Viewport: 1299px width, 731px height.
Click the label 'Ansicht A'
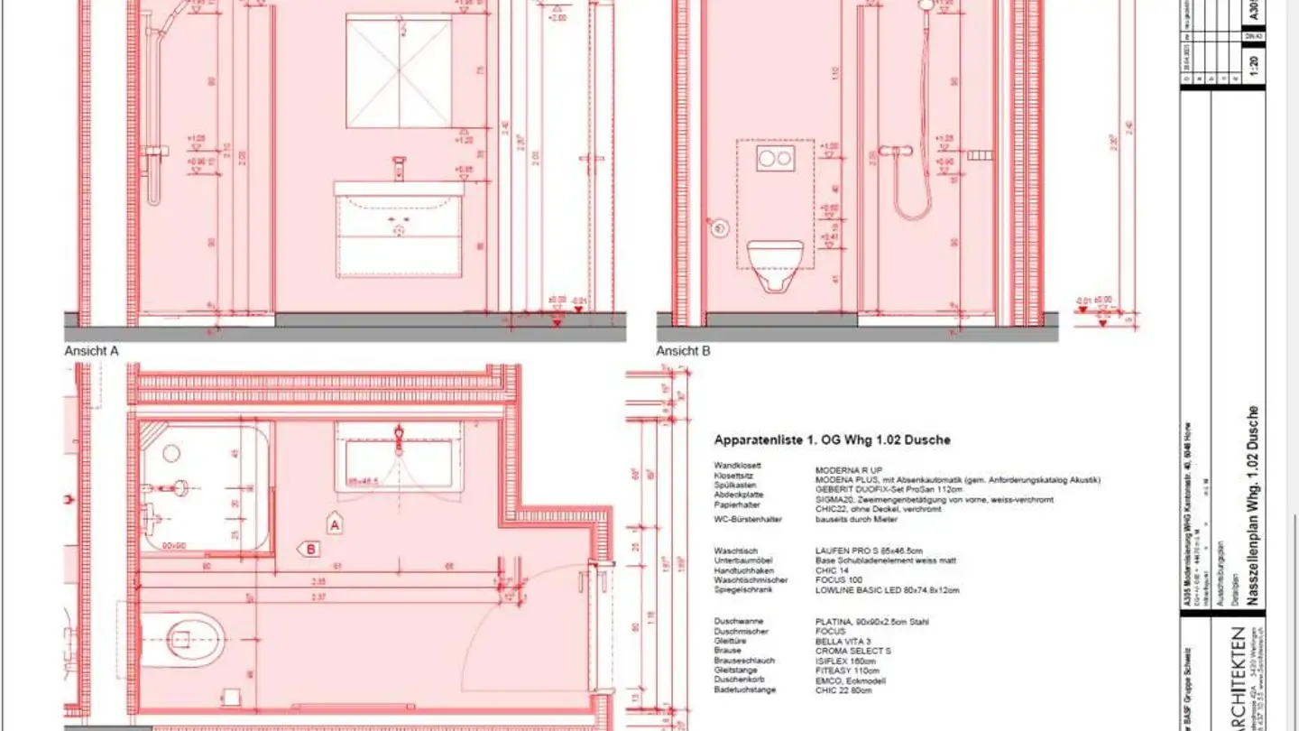[91, 351]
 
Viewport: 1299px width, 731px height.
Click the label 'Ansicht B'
[683, 351]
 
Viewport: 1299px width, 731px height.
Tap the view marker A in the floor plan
[335, 523]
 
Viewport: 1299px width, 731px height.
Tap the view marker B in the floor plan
[310, 548]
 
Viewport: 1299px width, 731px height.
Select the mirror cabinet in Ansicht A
[399, 71]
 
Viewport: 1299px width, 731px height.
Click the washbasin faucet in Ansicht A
[399, 169]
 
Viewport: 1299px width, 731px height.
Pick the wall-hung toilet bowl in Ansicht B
[775, 264]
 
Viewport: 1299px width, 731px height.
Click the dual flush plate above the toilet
[775, 160]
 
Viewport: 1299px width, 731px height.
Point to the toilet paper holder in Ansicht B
[718, 227]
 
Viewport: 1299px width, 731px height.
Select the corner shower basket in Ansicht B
[980, 156]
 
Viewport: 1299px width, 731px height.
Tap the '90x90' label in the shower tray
[175, 544]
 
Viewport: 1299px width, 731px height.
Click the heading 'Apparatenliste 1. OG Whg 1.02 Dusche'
[832, 440]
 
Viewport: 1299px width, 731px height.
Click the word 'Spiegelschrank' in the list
[742, 590]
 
